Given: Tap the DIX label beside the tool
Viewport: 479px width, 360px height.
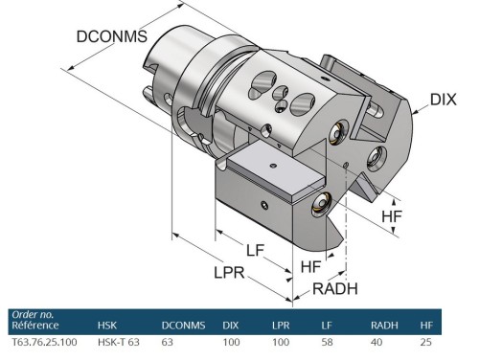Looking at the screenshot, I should point(444,99).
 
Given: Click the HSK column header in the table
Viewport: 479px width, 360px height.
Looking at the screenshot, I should point(107,326).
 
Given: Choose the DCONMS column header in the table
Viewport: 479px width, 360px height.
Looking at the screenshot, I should point(183,326).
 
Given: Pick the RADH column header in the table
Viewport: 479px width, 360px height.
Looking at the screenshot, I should point(383,326).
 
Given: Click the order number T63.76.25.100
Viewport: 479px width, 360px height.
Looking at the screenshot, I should point(42,341).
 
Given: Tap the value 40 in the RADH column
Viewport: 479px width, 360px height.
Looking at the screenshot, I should point(376,341).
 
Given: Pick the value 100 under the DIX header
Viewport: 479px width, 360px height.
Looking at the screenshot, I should point(232,341).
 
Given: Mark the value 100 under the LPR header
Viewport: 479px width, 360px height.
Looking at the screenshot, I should point(280,341).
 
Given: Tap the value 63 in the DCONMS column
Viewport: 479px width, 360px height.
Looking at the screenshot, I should point(167,341).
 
